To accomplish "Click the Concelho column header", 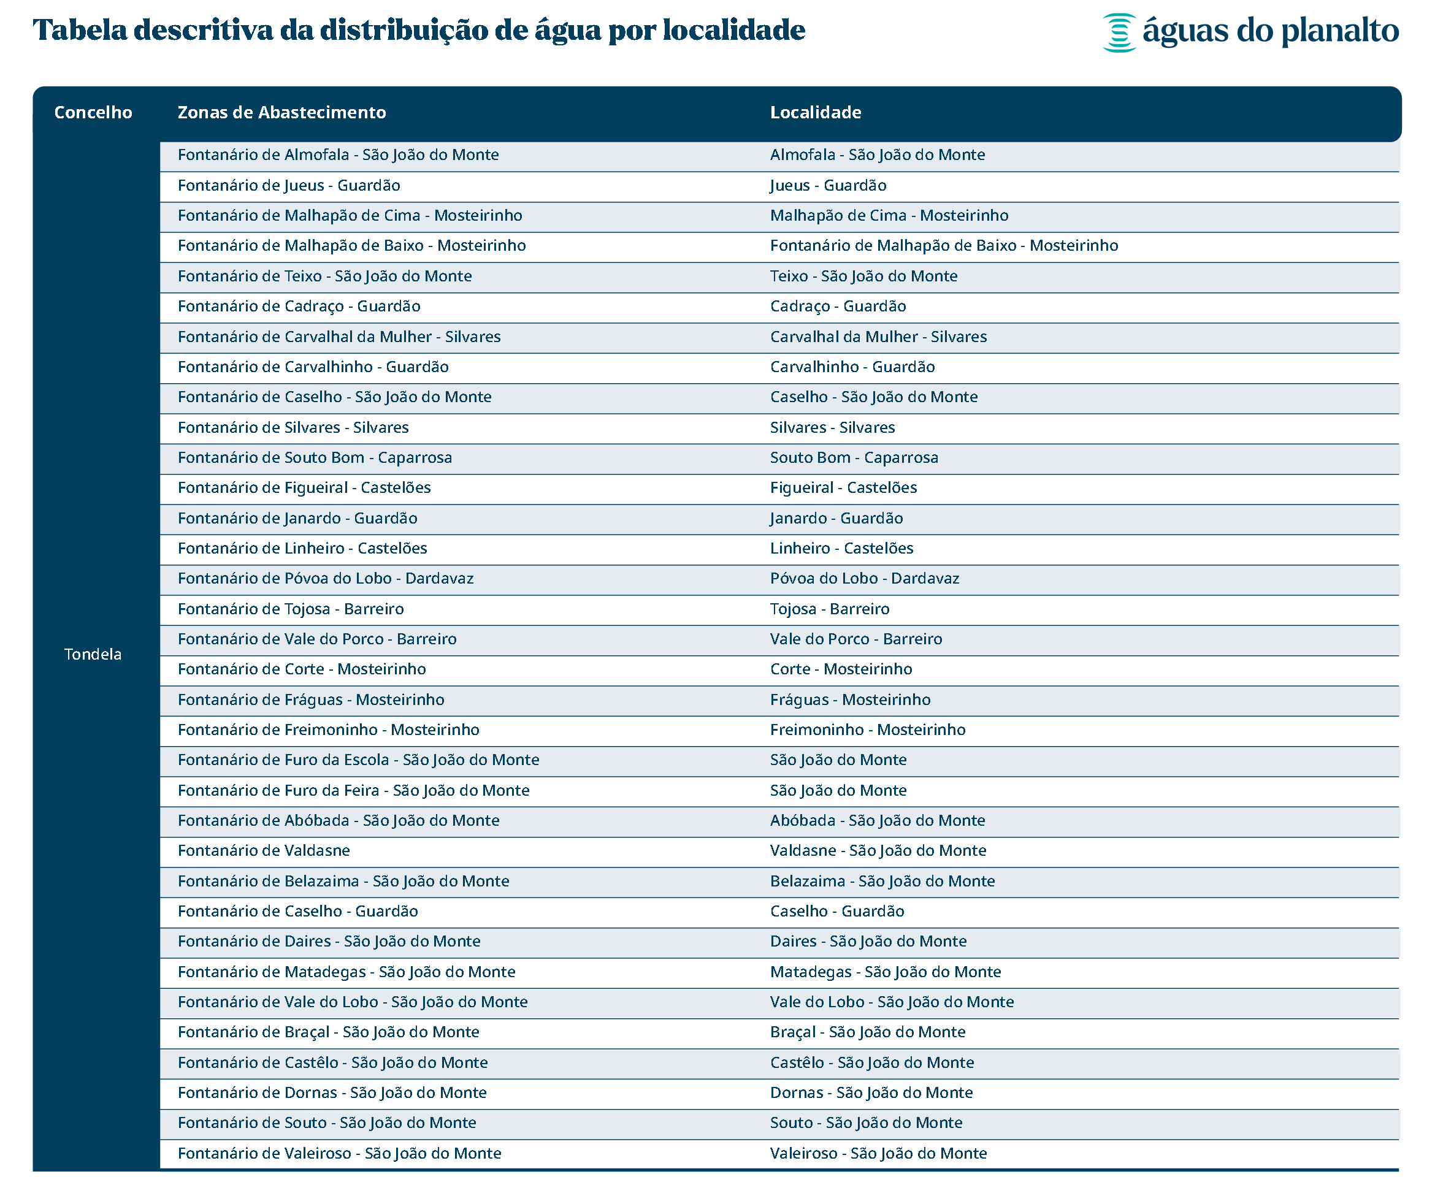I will point(93,113).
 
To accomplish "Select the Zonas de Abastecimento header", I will point(281,113).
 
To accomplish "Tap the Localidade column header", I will point(815,113).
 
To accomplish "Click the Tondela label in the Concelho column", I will point(93,654).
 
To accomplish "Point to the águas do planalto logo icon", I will point(1119,32).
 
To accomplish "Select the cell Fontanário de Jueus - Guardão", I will point(289,186).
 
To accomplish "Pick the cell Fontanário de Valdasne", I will point(264,850).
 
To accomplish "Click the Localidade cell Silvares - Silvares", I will point(832,427).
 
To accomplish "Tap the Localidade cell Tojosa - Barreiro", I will point(830,609).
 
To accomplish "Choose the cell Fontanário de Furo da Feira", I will point(353,790).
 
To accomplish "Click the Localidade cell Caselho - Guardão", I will point(837,911).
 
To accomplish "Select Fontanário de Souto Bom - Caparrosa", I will point(315,457).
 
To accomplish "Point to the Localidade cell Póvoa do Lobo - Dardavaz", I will point(864,578).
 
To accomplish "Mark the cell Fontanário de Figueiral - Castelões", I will point(304,487).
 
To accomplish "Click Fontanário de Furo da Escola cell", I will point(358,760).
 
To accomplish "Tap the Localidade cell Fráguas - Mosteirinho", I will point(850,699).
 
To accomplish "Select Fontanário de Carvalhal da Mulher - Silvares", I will point(339,337).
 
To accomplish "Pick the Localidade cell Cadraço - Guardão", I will point(838,307).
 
